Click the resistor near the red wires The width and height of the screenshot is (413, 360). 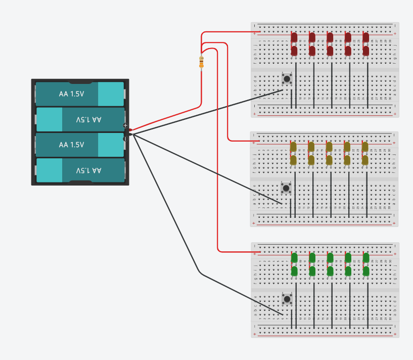click(201, 62)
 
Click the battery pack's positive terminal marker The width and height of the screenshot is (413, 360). click(125, 125)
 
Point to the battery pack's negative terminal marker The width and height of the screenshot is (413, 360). click(125, 138)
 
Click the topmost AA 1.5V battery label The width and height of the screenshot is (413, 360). click(71, 94)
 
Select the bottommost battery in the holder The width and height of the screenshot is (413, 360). click(80, 170)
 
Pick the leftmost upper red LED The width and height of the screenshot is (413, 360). click(294, 37)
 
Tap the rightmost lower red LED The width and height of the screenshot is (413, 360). click(366, 51)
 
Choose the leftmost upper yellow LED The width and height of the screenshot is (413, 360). click(293, 147)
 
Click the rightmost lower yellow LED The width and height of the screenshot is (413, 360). click(365, 160)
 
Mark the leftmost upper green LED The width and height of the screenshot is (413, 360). click(294, 258)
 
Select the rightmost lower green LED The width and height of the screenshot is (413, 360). click(366, 272)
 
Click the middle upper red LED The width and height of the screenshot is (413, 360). click(330, 37)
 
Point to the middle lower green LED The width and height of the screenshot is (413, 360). click(330, 272)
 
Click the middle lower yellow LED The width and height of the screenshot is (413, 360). click(329, 160)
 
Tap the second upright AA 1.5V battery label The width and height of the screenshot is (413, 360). click(71, 145)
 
